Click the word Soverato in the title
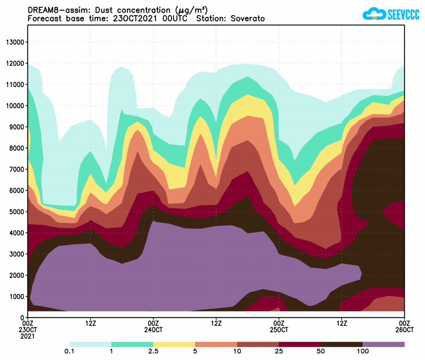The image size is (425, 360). click(x=248, y=19)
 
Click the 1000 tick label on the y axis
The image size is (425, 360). click(x=17, y=296)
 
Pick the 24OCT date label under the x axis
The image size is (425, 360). click(x=153, y=329)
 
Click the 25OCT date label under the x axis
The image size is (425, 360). click(x=279, y=329)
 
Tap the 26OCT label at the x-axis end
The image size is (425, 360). click(x=404, y=329)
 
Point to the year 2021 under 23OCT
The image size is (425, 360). click(x=28, y=336)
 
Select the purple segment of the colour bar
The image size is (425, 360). click(x=383, y=344)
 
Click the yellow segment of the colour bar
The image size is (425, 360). click(x=174, y=344)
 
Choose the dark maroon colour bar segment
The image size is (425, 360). click(x=300, y=344)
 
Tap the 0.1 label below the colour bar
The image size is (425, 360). click(x=69, y=351)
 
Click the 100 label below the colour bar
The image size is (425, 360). click(x=362, y=351)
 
